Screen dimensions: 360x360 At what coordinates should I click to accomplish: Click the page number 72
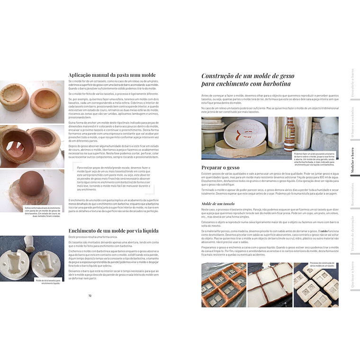tap(90, 296)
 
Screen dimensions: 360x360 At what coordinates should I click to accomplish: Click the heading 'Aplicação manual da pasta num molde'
tap(112, 75)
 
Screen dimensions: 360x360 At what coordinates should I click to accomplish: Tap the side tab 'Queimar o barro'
tap(351, 275)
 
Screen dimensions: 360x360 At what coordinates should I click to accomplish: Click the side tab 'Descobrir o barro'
tap(351, 82)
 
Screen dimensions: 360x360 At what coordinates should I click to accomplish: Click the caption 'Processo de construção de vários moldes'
tap(324, 264)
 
